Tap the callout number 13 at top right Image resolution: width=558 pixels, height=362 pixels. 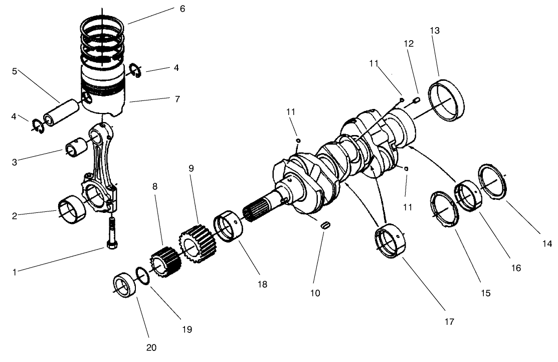coord(435,31)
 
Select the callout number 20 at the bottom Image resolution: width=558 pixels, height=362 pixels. coord(151,347)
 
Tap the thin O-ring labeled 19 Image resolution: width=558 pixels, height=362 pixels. coord(142,276)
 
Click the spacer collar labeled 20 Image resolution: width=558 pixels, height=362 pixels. coord(124,286)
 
